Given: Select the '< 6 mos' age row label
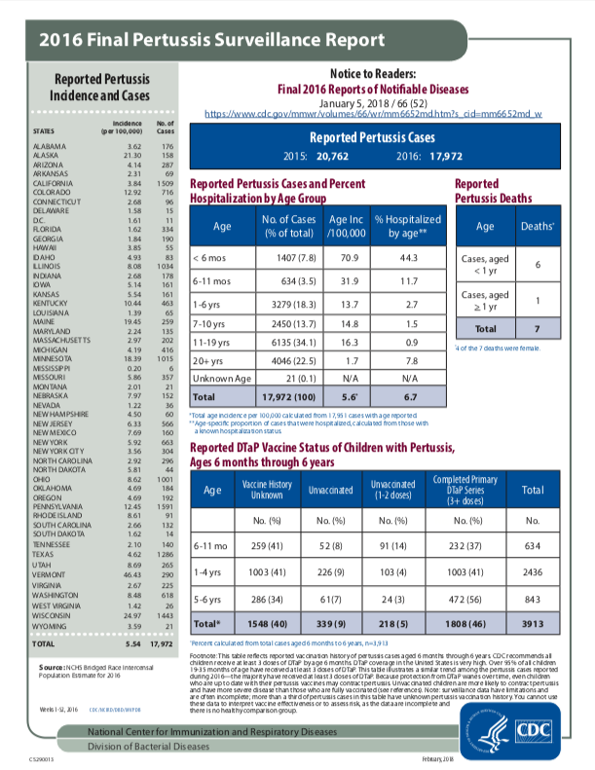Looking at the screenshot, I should point(214,258).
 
